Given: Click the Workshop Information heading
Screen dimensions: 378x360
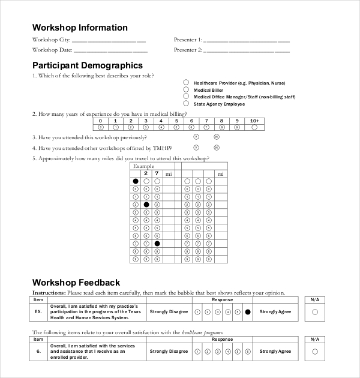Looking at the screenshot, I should tap(80, 28).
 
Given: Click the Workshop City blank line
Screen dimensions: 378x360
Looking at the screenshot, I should tap(109, 41).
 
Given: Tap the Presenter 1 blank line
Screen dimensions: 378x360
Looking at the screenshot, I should tap(247, 41).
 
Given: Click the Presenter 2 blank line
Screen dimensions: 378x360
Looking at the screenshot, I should tap(247, 50).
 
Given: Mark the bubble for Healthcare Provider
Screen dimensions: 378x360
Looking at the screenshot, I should tap(186, 82).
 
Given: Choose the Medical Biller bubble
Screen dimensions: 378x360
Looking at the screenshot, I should tap(186, 89).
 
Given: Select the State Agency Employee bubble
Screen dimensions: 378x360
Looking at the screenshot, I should tap(186, 104).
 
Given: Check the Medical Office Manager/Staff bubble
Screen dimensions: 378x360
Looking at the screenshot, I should tap(186, 97).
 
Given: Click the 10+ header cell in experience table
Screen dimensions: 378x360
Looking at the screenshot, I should tap(254, 121).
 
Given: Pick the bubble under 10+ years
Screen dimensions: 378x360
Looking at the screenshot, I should tap(254, 127).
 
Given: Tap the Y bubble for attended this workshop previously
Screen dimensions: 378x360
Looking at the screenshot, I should tap(196, 137).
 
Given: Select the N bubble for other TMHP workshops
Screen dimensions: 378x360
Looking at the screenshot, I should tap(217, 148).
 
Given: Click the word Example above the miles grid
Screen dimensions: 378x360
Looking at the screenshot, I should tap(143, 166).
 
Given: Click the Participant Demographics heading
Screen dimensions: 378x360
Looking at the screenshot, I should tap(87, 65).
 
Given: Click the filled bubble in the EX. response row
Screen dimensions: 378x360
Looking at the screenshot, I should tap(247, 312).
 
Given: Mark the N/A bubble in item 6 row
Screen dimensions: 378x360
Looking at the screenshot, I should tap(315, 351).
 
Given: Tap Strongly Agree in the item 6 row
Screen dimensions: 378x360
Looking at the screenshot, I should tap(275, 351).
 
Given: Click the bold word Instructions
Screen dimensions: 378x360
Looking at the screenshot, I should tap(49, 293).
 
